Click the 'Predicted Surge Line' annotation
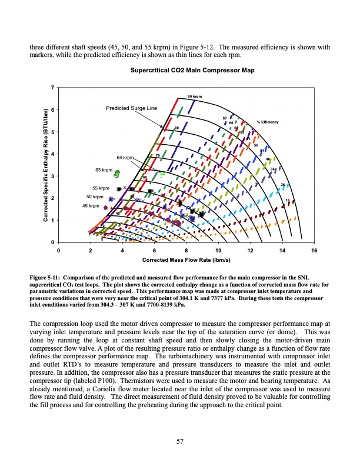[x=132, y=108]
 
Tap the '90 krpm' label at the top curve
[x=195, y=95]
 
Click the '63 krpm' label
[x=104, y=170]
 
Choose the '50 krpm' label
[x=95, y=197]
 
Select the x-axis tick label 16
[x=314, y=251]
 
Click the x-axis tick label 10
[x=218, y=251]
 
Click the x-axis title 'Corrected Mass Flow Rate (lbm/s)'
[x=185, y=259]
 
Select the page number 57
[x=179, y=442]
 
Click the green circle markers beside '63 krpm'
[x=118, y=174]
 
